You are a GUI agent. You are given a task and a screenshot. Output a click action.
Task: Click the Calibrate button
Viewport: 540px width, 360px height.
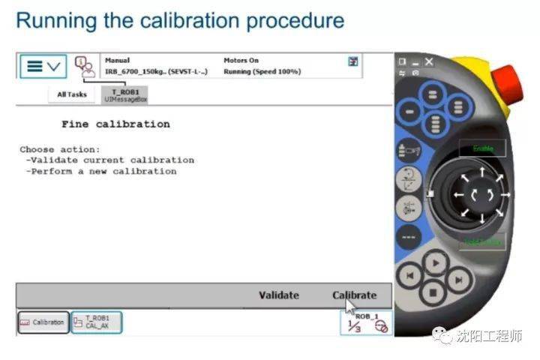click(x=354, y=295)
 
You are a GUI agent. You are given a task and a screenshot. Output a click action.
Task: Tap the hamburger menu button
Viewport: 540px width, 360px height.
click(x=43, y=66)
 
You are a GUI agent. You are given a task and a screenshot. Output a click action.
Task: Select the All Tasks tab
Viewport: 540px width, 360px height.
click(x=72, y=94)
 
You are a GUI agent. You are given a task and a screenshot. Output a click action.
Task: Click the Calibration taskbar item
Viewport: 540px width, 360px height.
click(x=43, y=322)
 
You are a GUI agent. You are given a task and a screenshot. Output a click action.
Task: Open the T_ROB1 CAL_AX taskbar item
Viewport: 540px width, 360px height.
click(x=96, y=322)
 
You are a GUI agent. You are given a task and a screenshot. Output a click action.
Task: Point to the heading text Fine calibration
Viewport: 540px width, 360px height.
click(x=115, y=124)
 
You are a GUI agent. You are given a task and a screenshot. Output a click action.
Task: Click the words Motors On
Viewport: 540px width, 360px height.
click(x=241, y=60)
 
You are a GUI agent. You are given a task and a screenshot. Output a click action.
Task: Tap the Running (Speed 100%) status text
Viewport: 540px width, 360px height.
click(x=262, y=72)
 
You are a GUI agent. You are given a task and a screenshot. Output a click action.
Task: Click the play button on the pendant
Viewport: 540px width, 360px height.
click(x=433, y=263)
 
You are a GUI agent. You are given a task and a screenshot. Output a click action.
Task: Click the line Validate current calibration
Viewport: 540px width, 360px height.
click(x=109, y=160)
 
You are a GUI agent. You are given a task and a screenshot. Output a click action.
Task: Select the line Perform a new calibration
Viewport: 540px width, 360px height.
click(x=100, y=171)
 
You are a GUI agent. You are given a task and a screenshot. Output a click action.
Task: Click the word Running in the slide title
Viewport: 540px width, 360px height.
click(x=50, y=20)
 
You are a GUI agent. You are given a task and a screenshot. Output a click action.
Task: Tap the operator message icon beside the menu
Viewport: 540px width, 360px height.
click(x=85, y=65)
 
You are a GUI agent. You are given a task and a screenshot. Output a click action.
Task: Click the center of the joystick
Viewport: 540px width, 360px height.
click(x=478, y=194)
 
